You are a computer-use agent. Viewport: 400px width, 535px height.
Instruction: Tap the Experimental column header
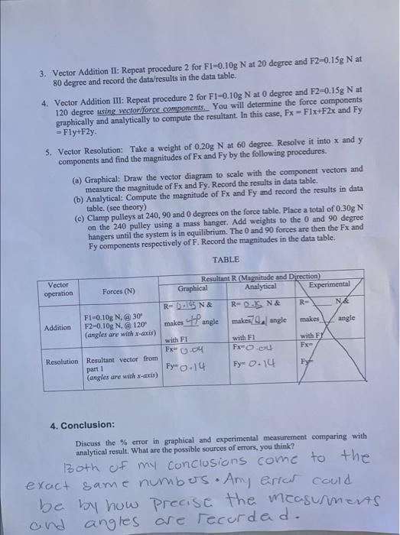328,284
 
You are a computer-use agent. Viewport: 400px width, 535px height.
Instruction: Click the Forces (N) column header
119,290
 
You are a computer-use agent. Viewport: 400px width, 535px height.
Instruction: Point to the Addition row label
58,327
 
